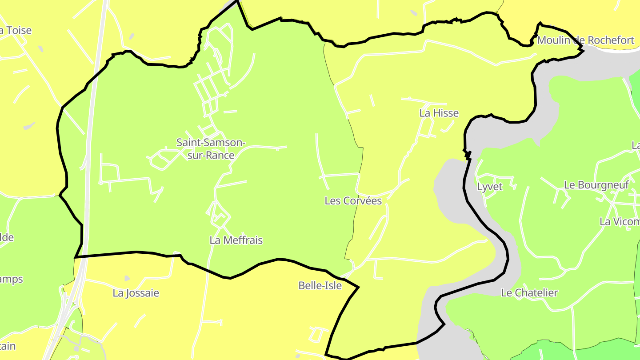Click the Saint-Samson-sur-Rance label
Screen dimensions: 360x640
coord(211,148)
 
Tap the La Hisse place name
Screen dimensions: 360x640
coord(439,113)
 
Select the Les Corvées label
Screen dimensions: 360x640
coord(353,201)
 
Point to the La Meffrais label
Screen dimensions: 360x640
coord(236,240)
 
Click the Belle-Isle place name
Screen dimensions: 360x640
coord(320,285)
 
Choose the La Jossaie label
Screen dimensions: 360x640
coord(136,293)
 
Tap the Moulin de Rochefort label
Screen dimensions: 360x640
coord(585,40)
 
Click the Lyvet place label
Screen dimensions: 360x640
coord(489,187)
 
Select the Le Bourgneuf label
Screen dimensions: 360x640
coord(596,185)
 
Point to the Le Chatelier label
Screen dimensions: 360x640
coord(529,293)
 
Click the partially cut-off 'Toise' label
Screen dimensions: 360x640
coord(16,30)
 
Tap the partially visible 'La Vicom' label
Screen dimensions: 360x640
coord(619,221)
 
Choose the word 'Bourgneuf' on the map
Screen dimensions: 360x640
coord(604,185)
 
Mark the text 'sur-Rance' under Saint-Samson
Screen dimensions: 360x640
coord(211,155)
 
